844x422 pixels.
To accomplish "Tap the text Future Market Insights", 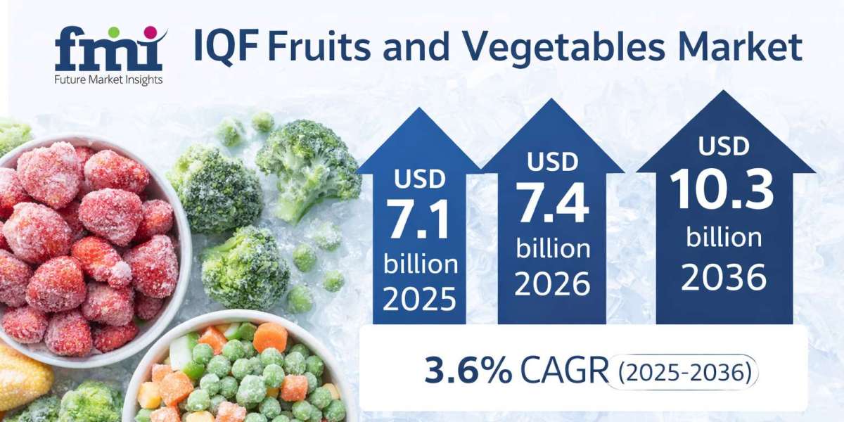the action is [x=108, y=80].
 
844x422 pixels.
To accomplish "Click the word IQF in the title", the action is [x=226, y=46].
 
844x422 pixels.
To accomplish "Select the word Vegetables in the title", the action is [x=563, y=46].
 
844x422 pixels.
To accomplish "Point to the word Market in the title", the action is [x=740, y=46].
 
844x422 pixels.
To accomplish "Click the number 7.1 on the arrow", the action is [x=418, y=219].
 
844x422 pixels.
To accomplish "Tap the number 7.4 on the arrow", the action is [x=552, y=203].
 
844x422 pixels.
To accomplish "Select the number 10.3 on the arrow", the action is [x=721, y=188].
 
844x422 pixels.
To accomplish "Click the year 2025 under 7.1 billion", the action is [x=419, y=299].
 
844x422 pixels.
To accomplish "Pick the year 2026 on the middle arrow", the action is [x=552, y=283].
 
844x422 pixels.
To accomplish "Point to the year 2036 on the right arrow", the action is [x=724, y=277].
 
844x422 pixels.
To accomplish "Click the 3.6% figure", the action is [x=468, y=371].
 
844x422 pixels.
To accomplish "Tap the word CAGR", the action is [x=564, y=371].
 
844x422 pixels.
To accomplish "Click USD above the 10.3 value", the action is [x=724, y=146].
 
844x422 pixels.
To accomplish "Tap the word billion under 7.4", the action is [x=553, y=249].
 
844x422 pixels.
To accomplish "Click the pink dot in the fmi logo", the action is [x=151, y=32].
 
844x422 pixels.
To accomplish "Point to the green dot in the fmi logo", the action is [x=115, y=32].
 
